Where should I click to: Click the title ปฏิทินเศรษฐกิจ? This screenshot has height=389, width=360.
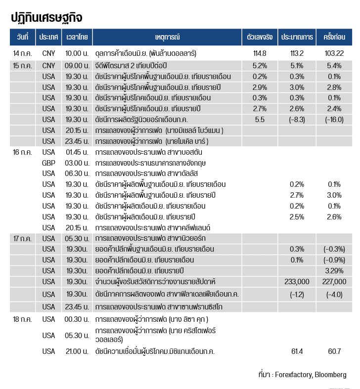point(46,18)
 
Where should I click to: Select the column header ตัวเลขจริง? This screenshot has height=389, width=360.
point(260,38)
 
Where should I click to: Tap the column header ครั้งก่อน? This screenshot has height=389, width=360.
point(334,38)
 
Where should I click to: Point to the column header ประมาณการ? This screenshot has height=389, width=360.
point(297,38)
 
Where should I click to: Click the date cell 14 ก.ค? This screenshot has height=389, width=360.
point(22,53)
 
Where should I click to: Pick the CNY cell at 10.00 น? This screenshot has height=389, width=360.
point(48,53)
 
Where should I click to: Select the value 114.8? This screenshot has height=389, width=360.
point(260,53)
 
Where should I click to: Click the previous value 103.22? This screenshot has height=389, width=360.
point(334,53)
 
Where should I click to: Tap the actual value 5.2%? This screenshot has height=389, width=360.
point(260,66)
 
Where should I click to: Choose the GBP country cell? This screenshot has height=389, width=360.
point(48,163)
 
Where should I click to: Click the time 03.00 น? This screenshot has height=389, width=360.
point(77,163)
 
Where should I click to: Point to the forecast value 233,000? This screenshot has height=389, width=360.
point(297,282)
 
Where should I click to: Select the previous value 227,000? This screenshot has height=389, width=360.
point(334,282)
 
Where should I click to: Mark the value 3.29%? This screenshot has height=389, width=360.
point(334,271)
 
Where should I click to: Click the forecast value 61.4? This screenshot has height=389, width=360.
point(297,351)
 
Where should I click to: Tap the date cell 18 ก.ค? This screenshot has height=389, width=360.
point(22,319)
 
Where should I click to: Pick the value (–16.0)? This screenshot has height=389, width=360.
point(334,120)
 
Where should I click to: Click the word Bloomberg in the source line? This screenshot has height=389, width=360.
point(331,374)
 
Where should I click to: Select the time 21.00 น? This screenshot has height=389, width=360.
point(77,351)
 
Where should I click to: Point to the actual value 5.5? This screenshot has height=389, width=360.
point(260,120)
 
